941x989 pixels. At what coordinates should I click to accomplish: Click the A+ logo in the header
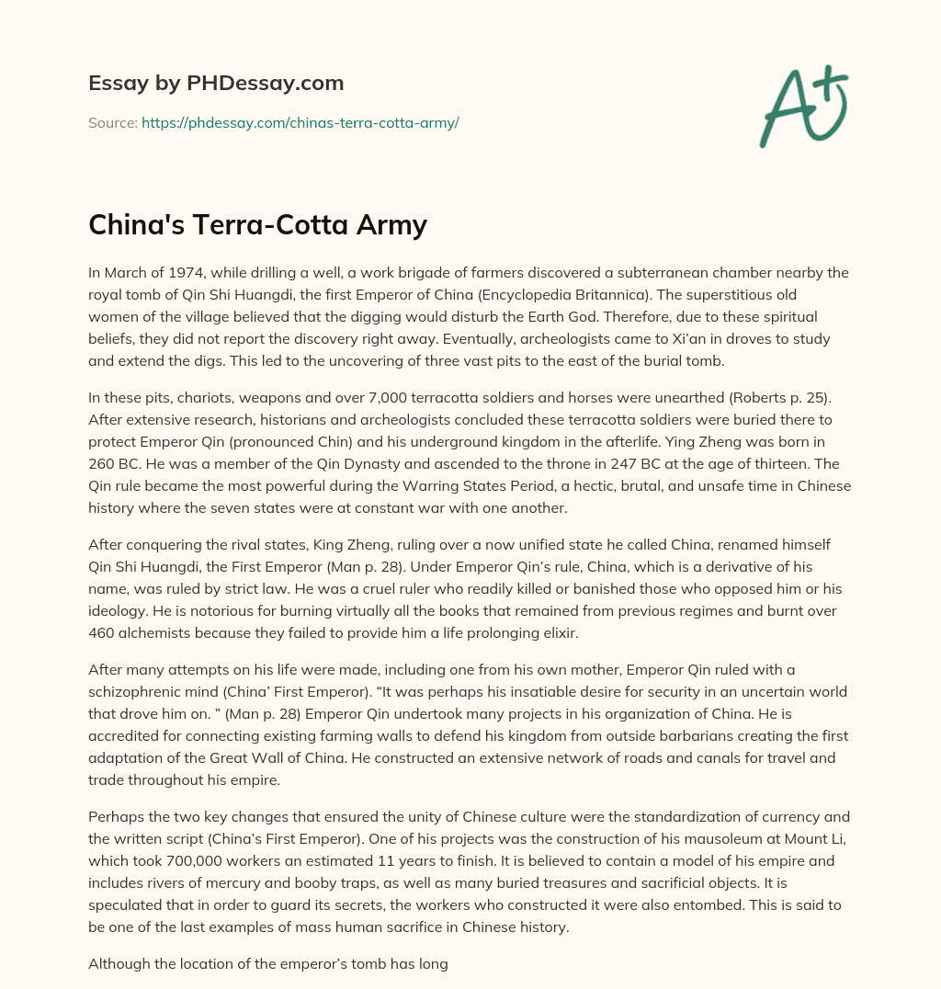[x=803, y=106]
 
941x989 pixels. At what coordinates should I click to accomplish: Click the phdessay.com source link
[x=300, y=122]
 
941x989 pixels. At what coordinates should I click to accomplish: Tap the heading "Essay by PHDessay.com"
[x=216, y=84]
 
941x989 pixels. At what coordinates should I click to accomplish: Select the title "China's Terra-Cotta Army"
[x=257, y=225]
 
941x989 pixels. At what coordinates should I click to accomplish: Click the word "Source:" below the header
[x=112, y=122]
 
